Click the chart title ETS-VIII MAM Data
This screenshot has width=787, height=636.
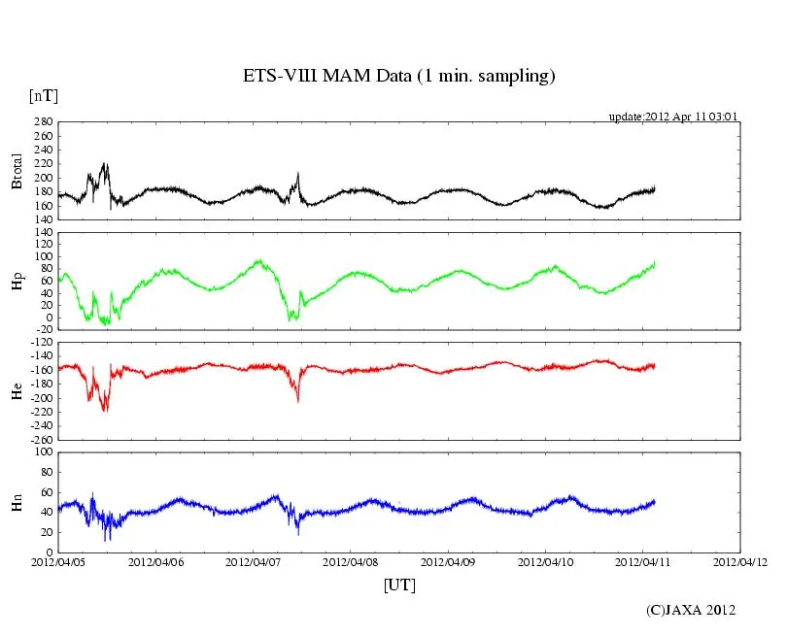pos(398,77)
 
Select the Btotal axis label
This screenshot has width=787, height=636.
pos(17,171)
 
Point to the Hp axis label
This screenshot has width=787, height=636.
pos(17,281)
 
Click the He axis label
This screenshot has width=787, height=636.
pos(17,390)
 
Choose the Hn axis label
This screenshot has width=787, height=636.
pos(17,502)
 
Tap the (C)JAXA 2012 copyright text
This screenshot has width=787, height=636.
pos(691,610)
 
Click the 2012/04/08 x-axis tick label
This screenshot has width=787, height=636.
pos(351,562)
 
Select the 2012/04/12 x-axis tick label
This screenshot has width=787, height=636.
pos(740,562)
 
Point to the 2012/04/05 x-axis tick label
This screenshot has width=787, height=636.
pos(58,562)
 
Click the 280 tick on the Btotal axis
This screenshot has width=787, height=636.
pos(42,122)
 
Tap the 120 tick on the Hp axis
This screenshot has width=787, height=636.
pos(42,234)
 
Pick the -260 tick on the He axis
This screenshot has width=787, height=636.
pos(40,440)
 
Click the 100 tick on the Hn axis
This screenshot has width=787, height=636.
pos(42,452)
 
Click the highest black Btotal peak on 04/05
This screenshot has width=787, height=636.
pos(105,163)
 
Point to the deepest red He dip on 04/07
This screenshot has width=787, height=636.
pos(298,401)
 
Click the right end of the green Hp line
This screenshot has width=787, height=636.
pos(655,262)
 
